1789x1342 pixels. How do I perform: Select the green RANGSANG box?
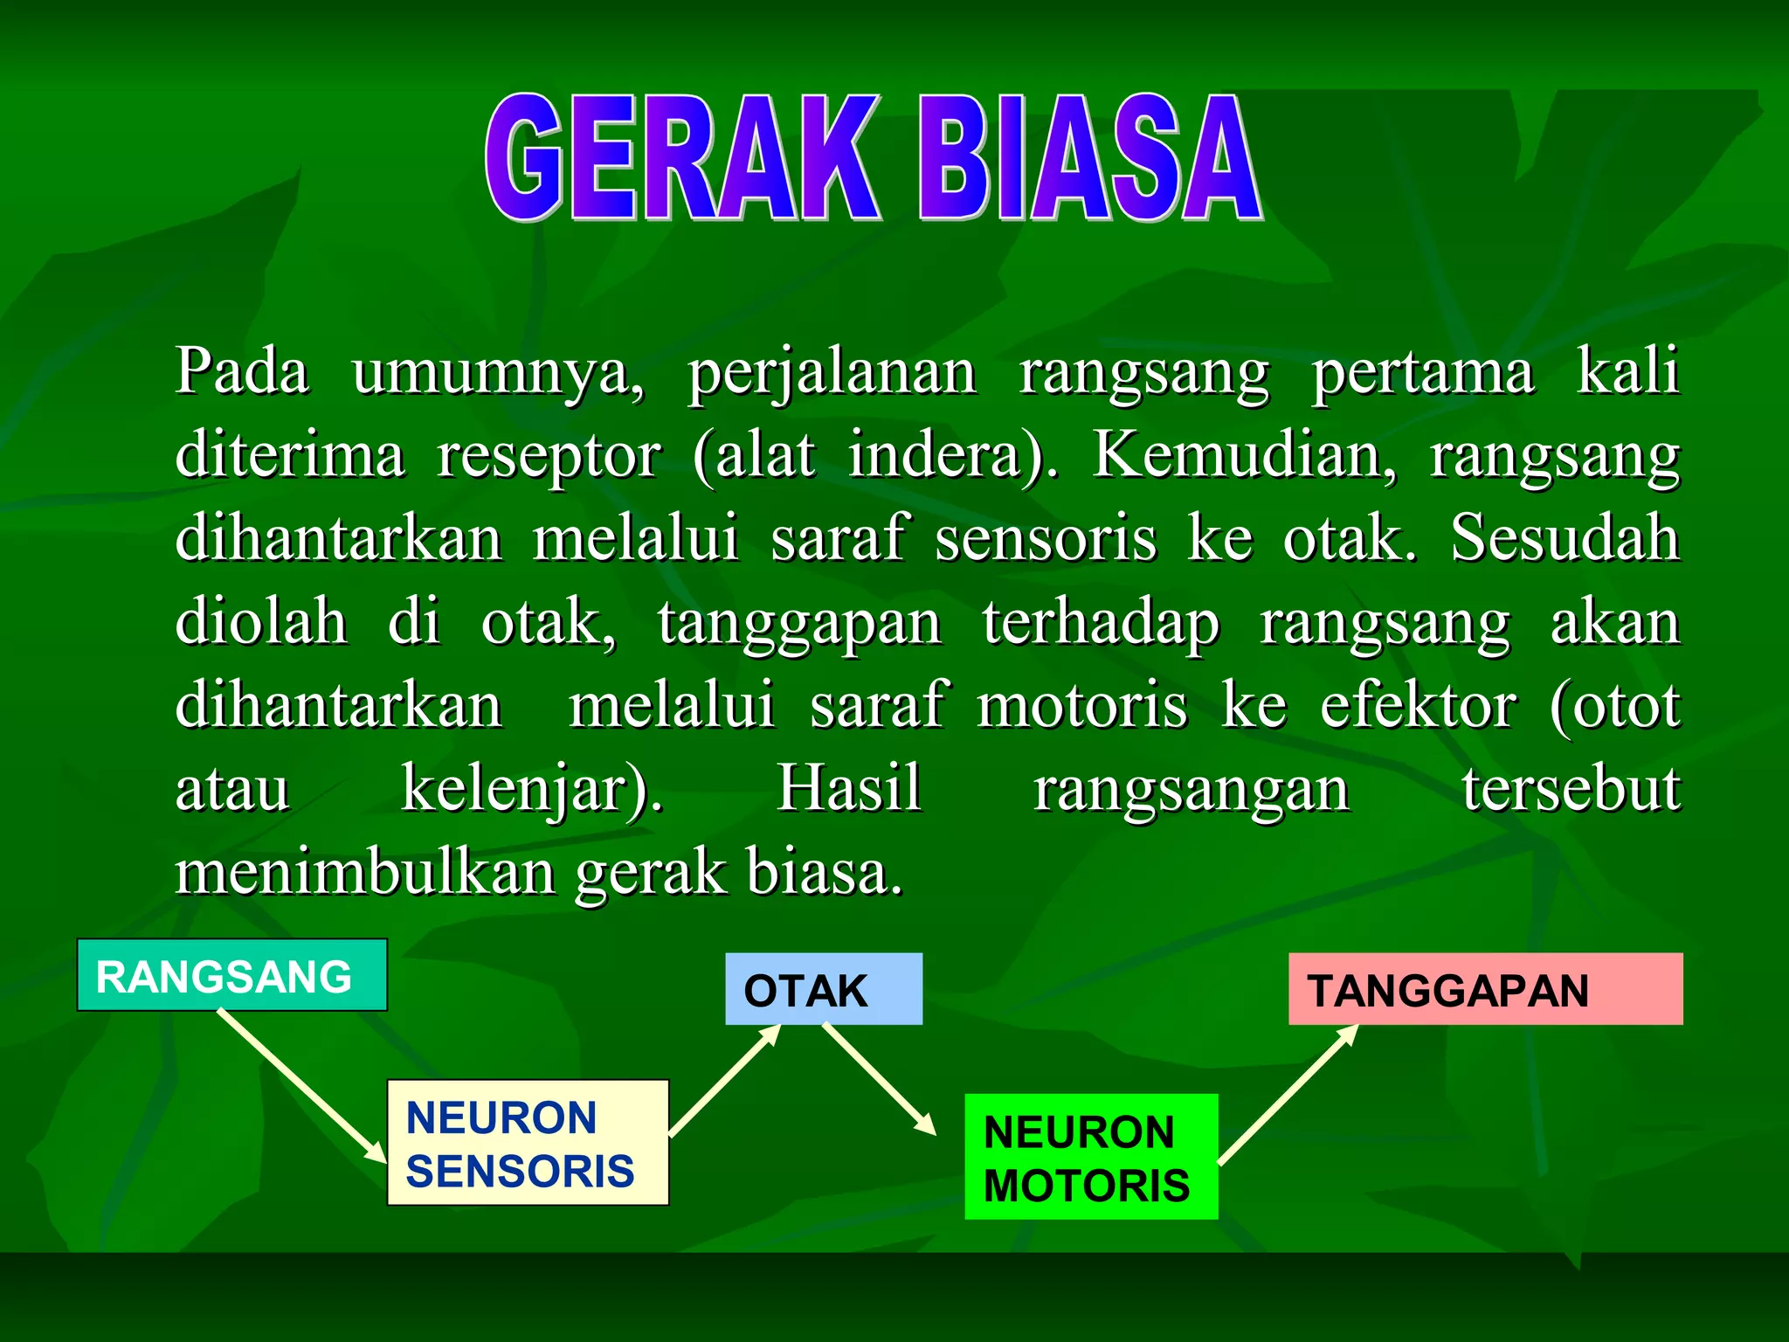click(x=231, y=975)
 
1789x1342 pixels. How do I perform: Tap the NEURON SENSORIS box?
click(x=528, y=1143)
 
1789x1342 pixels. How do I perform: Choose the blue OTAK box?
click(x=823, y=989)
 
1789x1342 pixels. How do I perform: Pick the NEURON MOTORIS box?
click(x=1090, y=1157)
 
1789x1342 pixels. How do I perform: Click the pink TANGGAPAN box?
click(x=1485, y=989)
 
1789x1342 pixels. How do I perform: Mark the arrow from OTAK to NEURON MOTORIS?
click(x=878, y=1079)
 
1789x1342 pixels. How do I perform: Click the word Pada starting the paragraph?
click(x=242, y=371)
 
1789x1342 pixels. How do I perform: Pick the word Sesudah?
click(x=1565, y=537)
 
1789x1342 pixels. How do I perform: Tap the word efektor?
click(x=1418, y=705)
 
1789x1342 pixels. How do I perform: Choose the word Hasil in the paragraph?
click(x=849, y=788)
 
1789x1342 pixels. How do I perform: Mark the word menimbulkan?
click(x=365, y=872)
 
